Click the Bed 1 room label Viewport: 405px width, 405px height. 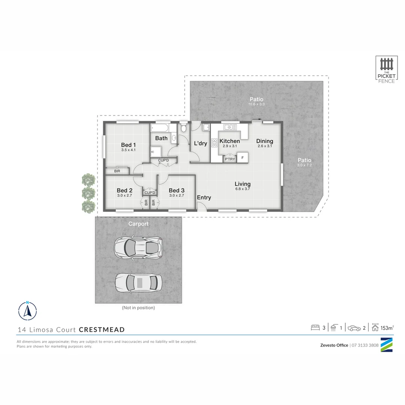[128, 145]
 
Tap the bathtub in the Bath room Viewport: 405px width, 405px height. [160, 128]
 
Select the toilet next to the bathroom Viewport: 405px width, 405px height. [184, 127]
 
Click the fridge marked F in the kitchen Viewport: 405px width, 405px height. [243, 157]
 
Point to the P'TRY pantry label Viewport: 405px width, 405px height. [230, 159]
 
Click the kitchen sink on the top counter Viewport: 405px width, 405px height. [230, 127]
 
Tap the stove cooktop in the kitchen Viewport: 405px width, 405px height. [214, 143]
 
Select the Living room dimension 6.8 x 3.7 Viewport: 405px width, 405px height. [243, 189]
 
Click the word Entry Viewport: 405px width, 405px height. [204, 197]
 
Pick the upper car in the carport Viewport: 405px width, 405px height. [138, 247]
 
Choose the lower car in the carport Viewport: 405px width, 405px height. [138, 283]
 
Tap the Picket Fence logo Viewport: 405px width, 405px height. [386, 70]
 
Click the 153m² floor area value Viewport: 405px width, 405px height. [387, 328]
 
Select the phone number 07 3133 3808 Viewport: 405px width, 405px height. [365, 345]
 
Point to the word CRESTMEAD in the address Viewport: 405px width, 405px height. [102, 330]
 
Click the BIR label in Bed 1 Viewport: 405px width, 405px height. [117, 171]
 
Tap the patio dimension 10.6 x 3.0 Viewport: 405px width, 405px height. [256, 104]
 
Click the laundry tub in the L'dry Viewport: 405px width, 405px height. [206, 127]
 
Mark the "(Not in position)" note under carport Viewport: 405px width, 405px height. [138, 307]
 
